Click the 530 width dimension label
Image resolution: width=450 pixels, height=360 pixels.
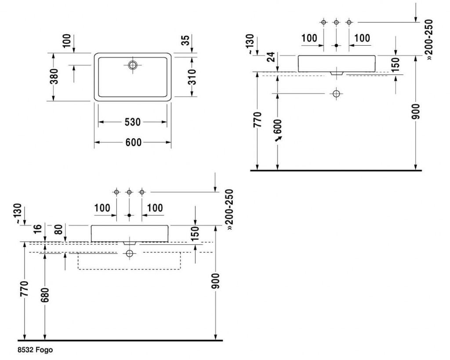[x=133, y=122]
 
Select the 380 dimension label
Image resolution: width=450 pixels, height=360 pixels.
[x=54, y=76]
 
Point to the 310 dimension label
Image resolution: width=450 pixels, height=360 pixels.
[x=192, y=77]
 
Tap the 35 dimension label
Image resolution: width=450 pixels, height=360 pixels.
[x=186, y=40]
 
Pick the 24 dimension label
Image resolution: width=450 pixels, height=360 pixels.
[x=271, y=57]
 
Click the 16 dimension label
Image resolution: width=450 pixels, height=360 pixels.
[x=38, y=229]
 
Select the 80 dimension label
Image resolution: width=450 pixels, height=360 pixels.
[x=58, y=229]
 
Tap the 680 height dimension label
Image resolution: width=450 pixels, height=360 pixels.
[x=45, y=295]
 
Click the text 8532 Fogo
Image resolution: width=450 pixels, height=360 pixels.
[x=35, y=349]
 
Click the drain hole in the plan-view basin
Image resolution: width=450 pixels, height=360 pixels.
[x=133, y=65]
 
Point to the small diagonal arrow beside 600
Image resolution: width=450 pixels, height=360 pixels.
[x=278, y=139]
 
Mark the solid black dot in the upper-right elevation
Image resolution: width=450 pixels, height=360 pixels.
[x=336, y=45]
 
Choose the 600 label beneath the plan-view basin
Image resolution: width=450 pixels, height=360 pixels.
[x=134, y=142]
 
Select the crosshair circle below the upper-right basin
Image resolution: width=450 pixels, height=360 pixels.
[x=336, y=94]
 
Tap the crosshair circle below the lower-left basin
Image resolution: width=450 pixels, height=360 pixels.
[x=130, y=253]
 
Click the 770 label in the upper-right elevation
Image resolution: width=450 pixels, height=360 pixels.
[x=258, y=120]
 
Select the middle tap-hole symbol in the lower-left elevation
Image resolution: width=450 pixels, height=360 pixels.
[x=129, y=192]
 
